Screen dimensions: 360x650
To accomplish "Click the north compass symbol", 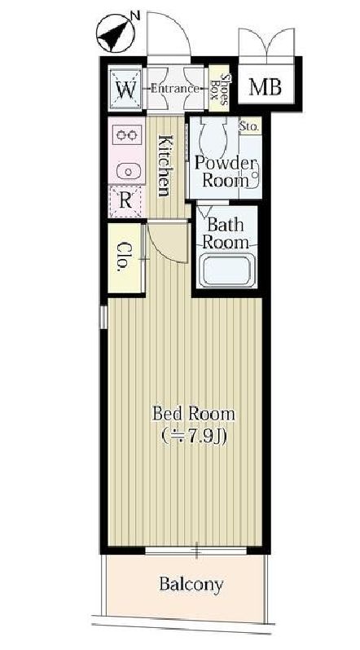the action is point(116,33).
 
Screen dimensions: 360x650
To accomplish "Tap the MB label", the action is point(266,87).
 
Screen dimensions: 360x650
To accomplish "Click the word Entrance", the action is point(174,88).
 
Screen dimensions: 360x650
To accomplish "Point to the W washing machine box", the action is point(125,89).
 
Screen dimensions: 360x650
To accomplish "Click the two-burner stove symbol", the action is point(126,134).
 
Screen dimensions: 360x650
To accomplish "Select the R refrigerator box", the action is point(125,201).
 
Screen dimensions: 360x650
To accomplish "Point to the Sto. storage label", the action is point(250,126).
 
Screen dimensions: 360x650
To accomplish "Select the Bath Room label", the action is point(226,234).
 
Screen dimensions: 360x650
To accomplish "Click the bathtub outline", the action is point(226,270).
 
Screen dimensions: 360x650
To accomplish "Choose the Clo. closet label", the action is point(124,257).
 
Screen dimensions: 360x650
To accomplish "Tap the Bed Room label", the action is point(193,414).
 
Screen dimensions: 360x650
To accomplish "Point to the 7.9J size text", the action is point(193,437).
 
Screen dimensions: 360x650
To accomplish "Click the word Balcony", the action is point(191,585).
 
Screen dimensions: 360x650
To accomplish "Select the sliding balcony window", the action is point(195,551).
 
